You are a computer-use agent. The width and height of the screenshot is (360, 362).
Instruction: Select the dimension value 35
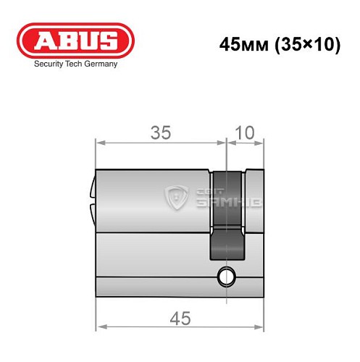pos(161,132)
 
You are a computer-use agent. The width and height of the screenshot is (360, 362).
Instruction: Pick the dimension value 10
pos(246,132)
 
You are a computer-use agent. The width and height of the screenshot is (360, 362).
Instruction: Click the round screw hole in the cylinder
pos(227,274)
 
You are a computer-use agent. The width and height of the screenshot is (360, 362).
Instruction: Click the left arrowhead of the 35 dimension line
pos(100,143)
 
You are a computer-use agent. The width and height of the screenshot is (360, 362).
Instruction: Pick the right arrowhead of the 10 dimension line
pos(261,143)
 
